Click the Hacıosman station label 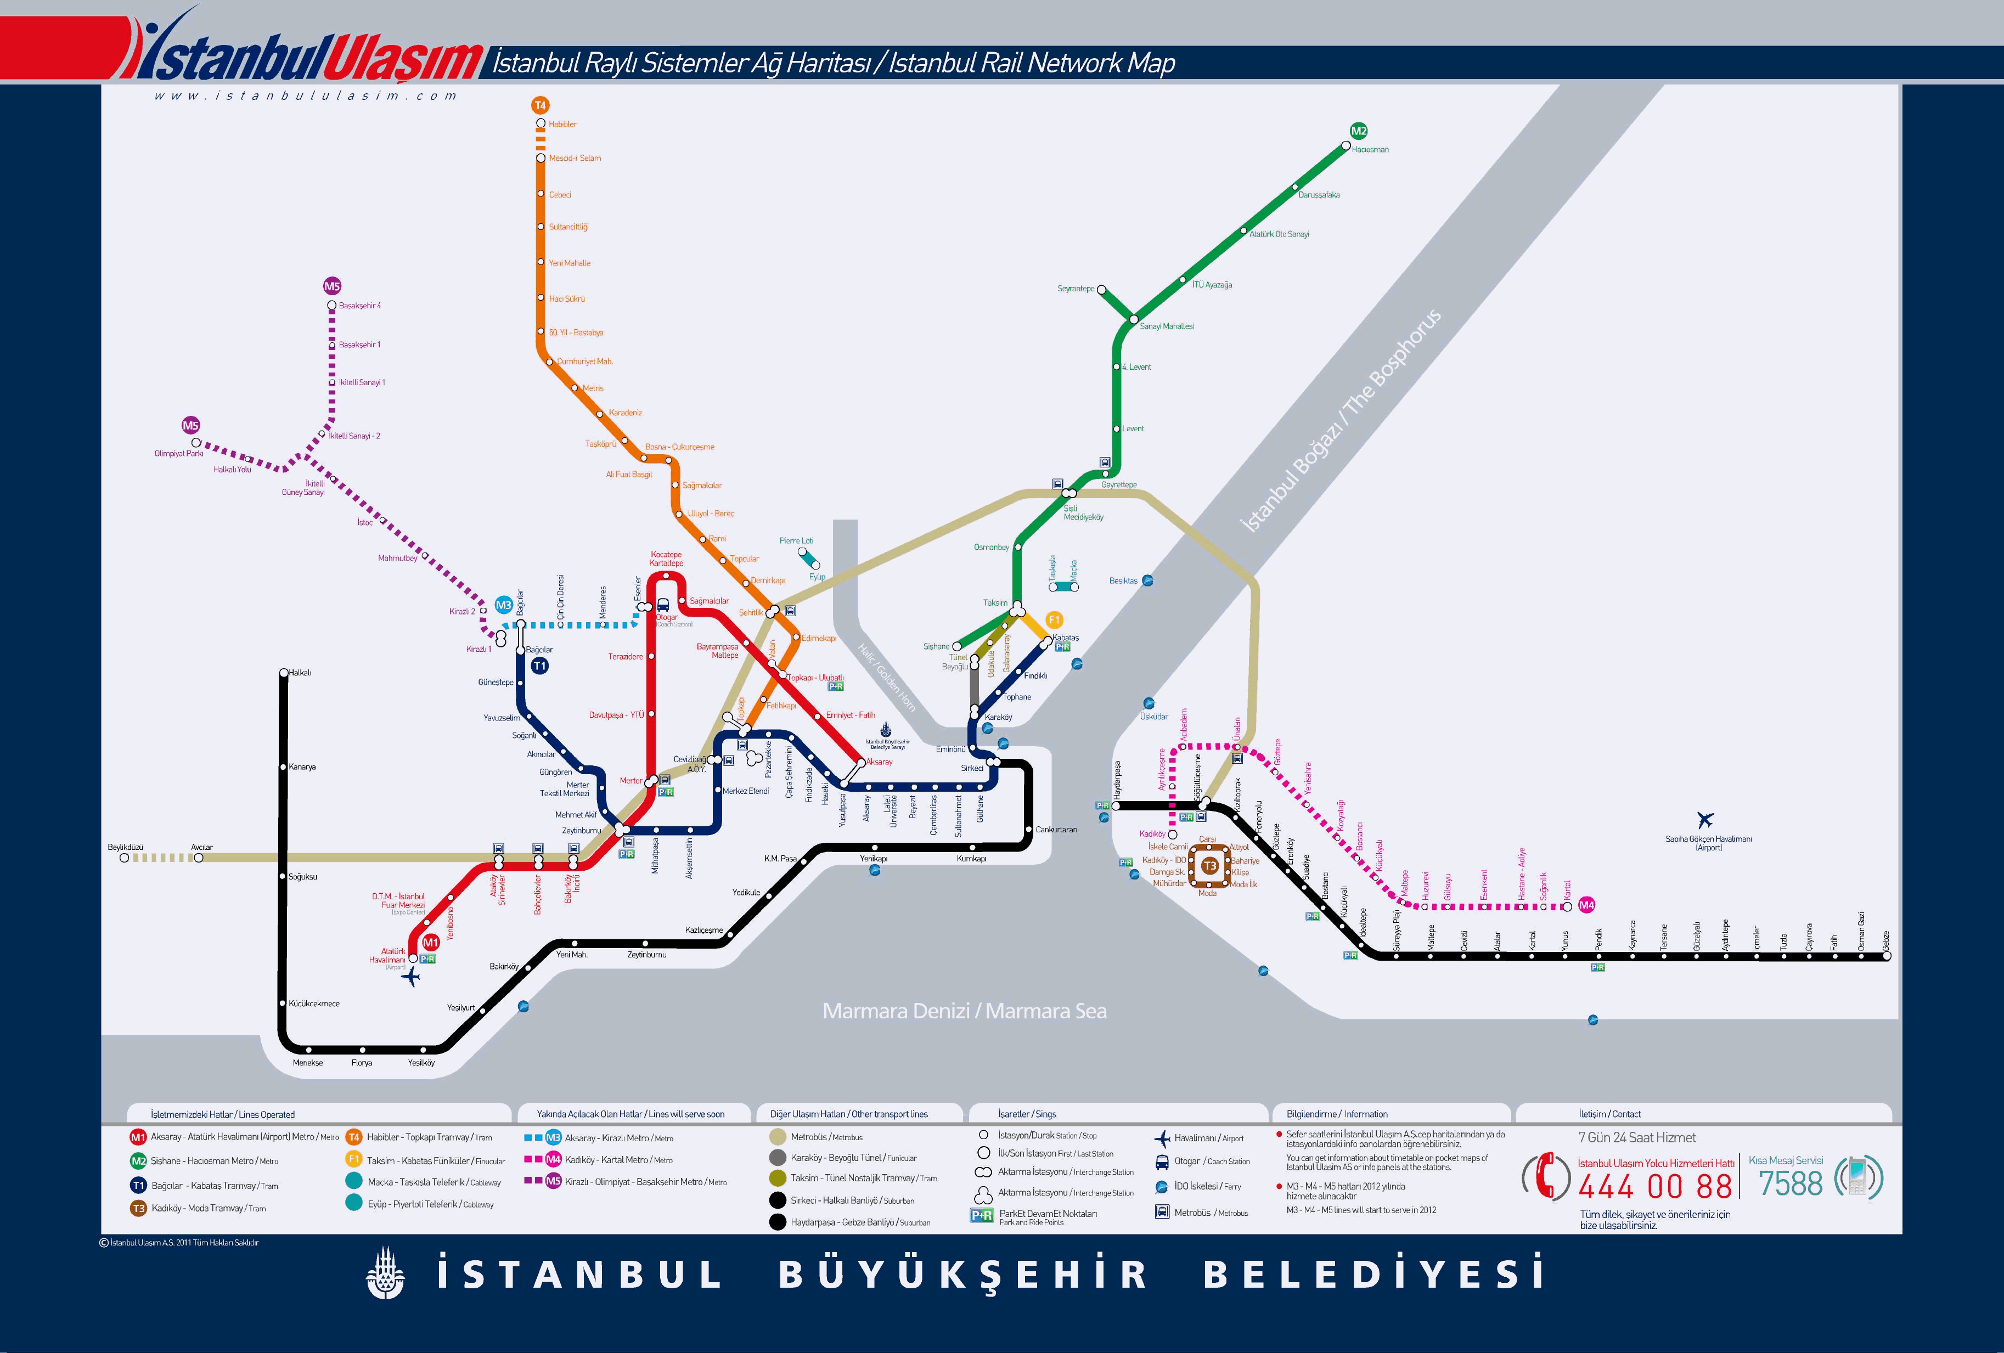pyautogui.click(x=1370, y=150)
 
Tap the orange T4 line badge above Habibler pyautogui.click(x=540, y=105)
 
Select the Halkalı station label pyautogui.click(x=300, y=673)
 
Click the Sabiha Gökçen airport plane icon pyautogui.click(x=1705, y=819)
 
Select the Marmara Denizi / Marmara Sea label pyautogui.click(x=964, y=1011)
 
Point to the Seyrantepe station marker pyautogui.click(x=1101, y=291)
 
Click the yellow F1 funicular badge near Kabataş pyautogui.click(x=1054, y=619)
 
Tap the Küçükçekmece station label pyautogui.click(x=314, y=1004)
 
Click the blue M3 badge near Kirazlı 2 pyautogui.click(x=504, y=605)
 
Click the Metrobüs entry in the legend pyautogui.click(x=825, y=1137)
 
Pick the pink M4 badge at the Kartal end pyautogui.click(x=1586, y=905)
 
